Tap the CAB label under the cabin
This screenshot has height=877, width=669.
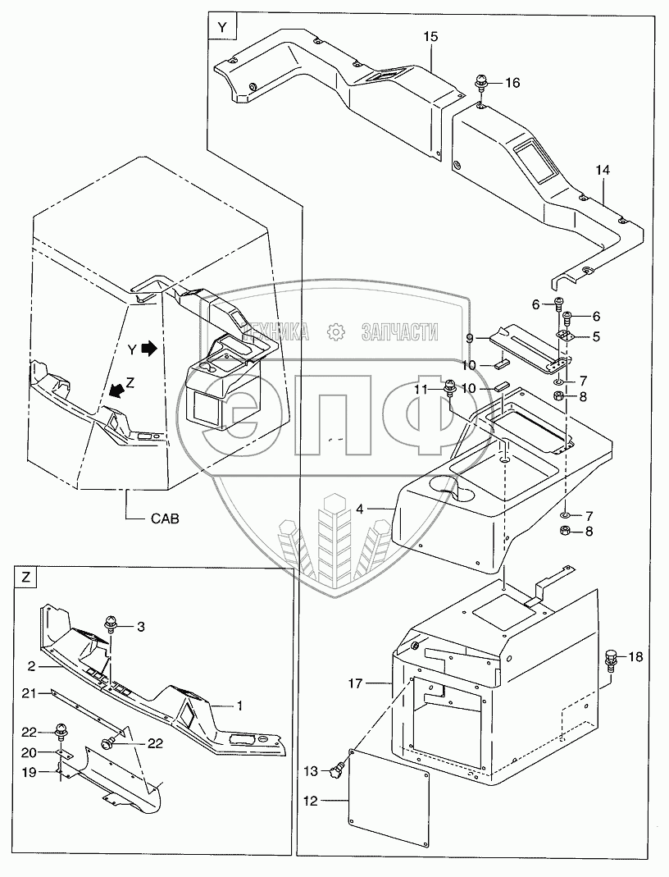tap(165, 518)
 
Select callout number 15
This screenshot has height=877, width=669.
tap(431, 37)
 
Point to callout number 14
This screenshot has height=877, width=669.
tap(603, 170)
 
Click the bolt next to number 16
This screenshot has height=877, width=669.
tap(481, 84)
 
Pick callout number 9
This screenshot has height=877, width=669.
tap(469, 338)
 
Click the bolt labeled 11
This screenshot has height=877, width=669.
tap(450, 387)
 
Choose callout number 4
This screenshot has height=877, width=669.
tap(360, 509)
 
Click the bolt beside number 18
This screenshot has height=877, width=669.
tap(612, 658)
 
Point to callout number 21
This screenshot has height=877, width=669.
tap(27, 694)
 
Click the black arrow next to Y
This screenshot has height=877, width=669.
tap(148, 349)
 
